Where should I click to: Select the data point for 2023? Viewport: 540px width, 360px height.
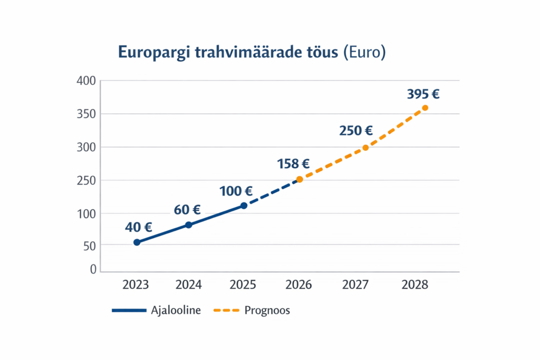(137, 242)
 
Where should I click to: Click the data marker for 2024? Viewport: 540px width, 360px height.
(189, 225)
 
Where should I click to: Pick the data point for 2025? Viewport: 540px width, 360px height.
(244, 206)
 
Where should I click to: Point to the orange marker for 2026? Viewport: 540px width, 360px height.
(300, 179)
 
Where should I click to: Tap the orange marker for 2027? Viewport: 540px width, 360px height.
(365, 148)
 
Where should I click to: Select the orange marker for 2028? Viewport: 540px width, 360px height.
(425, 108)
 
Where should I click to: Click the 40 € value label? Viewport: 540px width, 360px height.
(138, 228)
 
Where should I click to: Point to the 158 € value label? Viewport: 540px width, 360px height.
(293, 164)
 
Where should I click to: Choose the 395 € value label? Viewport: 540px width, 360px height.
(423, 94)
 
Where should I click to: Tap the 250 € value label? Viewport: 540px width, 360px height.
(356, 131)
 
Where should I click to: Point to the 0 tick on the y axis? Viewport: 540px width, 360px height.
(93, 269)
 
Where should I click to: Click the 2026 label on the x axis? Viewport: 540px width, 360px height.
(298, 285)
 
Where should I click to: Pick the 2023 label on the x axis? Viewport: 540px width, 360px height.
(136, 285)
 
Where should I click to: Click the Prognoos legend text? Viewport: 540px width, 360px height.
(267, 310)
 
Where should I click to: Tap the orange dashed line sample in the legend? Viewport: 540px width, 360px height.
(226, 310)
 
